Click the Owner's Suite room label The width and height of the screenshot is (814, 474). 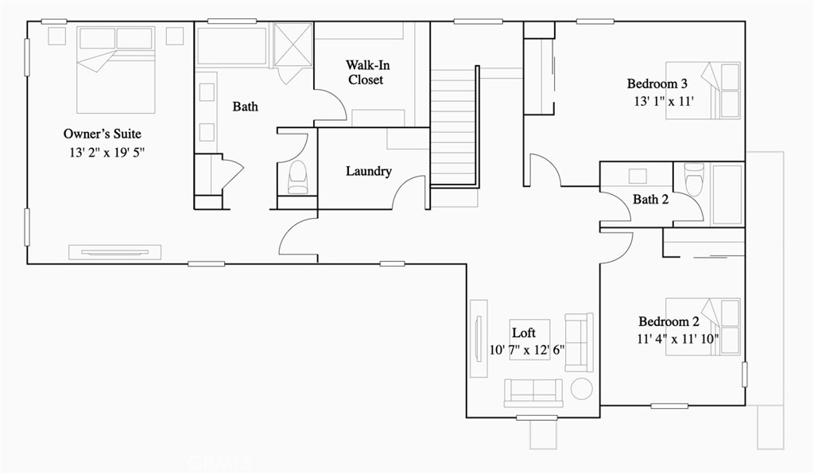point(102,134)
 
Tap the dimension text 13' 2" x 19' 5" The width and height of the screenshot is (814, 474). point(108,151)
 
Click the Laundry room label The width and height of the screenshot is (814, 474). point(368,171)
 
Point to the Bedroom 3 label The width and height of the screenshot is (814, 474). point(657,84)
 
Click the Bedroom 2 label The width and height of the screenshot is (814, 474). point(669,322)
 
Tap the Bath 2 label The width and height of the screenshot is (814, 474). point(650,200)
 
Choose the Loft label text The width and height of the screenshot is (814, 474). point(523,332)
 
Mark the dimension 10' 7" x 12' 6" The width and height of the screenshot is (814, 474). point(526,349)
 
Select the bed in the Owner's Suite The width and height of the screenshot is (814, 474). point(116,69)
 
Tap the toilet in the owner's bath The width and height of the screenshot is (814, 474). point(298,177)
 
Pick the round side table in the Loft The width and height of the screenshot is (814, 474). point(582,389)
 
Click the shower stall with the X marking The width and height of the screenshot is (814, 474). point(293,44)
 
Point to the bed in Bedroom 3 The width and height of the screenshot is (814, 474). point(703,90)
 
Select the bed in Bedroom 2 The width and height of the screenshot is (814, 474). point(703,326)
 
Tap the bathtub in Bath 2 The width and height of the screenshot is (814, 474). point(726,195)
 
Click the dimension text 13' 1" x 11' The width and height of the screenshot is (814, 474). point(664,101)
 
